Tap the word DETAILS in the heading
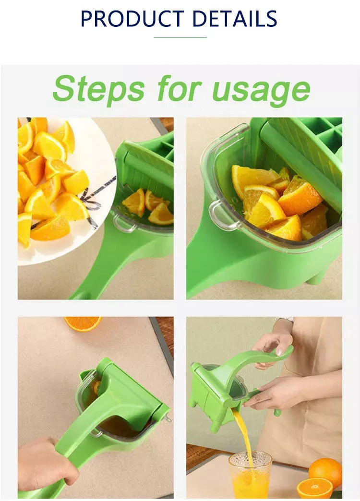pos(235,19)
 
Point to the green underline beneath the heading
pos(180,37)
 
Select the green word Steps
pos(98,90)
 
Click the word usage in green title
pos(261,90)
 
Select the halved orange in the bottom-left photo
pos(83,323)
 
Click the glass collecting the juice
pos(250,475)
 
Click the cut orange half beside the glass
pos(314,489)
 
